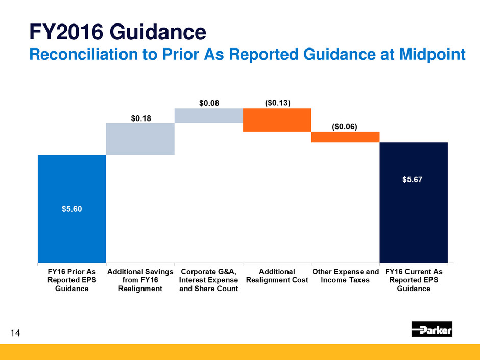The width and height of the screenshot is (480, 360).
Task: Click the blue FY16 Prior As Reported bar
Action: tap(72, 209)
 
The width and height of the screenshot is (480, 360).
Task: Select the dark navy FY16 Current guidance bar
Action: tap(414, 203)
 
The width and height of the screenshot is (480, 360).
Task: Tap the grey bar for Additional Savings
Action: tap(140, 139)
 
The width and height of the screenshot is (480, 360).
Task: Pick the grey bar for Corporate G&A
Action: tap(209, 115)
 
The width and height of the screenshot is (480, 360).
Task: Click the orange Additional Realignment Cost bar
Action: tap(277, 120)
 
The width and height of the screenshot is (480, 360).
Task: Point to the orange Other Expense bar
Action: tap(345, 137)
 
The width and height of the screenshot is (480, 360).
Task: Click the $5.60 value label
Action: tap(72, 209)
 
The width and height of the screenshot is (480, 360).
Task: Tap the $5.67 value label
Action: tap(413, 180)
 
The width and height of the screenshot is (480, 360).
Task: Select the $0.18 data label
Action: tap(141, 118)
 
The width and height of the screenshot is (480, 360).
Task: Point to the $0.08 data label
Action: tap(209, 103)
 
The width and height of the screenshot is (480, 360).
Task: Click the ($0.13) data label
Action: tap(277, 103)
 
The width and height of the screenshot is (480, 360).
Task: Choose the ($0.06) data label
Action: tap(344, 127)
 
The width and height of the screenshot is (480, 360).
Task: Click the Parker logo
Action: tap(431, 329)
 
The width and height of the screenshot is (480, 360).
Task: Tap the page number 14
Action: tap(15, 333)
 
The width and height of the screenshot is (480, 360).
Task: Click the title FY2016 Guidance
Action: tap(118, 32)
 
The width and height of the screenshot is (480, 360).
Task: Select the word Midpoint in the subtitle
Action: tap(433, 55)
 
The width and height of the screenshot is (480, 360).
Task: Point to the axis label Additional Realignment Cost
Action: tap(277, 276)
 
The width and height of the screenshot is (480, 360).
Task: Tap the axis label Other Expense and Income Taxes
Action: tap(345, 276)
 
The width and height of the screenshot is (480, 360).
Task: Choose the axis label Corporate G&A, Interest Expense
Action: tap(208, 276)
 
